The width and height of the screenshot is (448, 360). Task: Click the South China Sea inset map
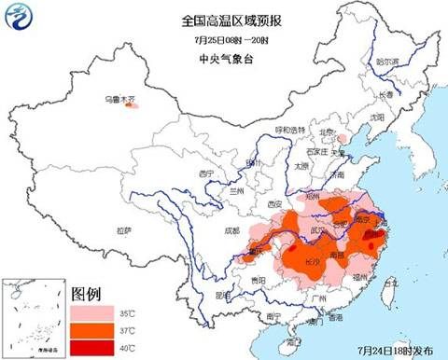[x=29, y=317]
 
